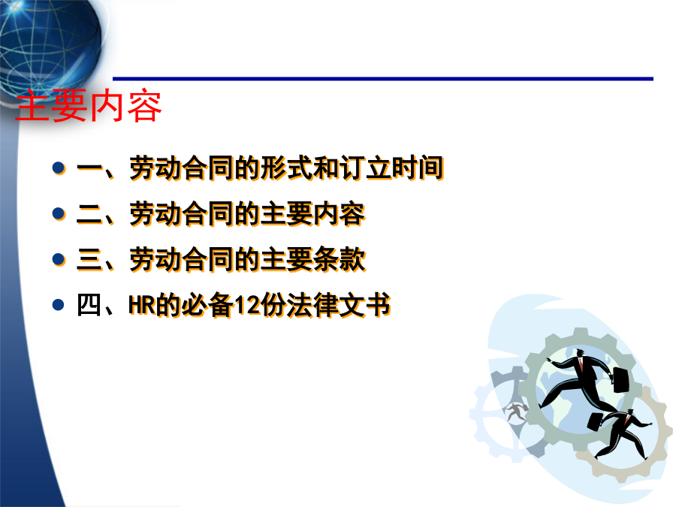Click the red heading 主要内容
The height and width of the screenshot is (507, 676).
(x=89, y=106)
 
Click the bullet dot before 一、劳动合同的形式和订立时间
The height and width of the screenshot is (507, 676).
(x=58, y=167)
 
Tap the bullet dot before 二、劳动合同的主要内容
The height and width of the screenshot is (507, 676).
(x=58, y=213)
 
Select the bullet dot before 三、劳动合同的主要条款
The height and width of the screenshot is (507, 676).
(x=58, y=259)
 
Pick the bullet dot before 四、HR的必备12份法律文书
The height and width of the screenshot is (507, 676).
(x=58, y=305)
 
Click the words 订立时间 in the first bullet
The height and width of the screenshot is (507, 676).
(x=391, y=167)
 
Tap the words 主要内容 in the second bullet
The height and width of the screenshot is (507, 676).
(x=313, y=213)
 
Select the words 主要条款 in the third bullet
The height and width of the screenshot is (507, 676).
(x=313, y=259)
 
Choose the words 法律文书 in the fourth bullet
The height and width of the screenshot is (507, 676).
(x=339, y=305)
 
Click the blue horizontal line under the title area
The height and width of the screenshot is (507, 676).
(x=383, y=79)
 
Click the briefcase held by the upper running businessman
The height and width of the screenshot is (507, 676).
(x=621, y=380)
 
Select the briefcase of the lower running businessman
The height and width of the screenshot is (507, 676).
(x=596, y=421)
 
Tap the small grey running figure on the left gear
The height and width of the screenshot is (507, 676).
(x=515, y=412)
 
